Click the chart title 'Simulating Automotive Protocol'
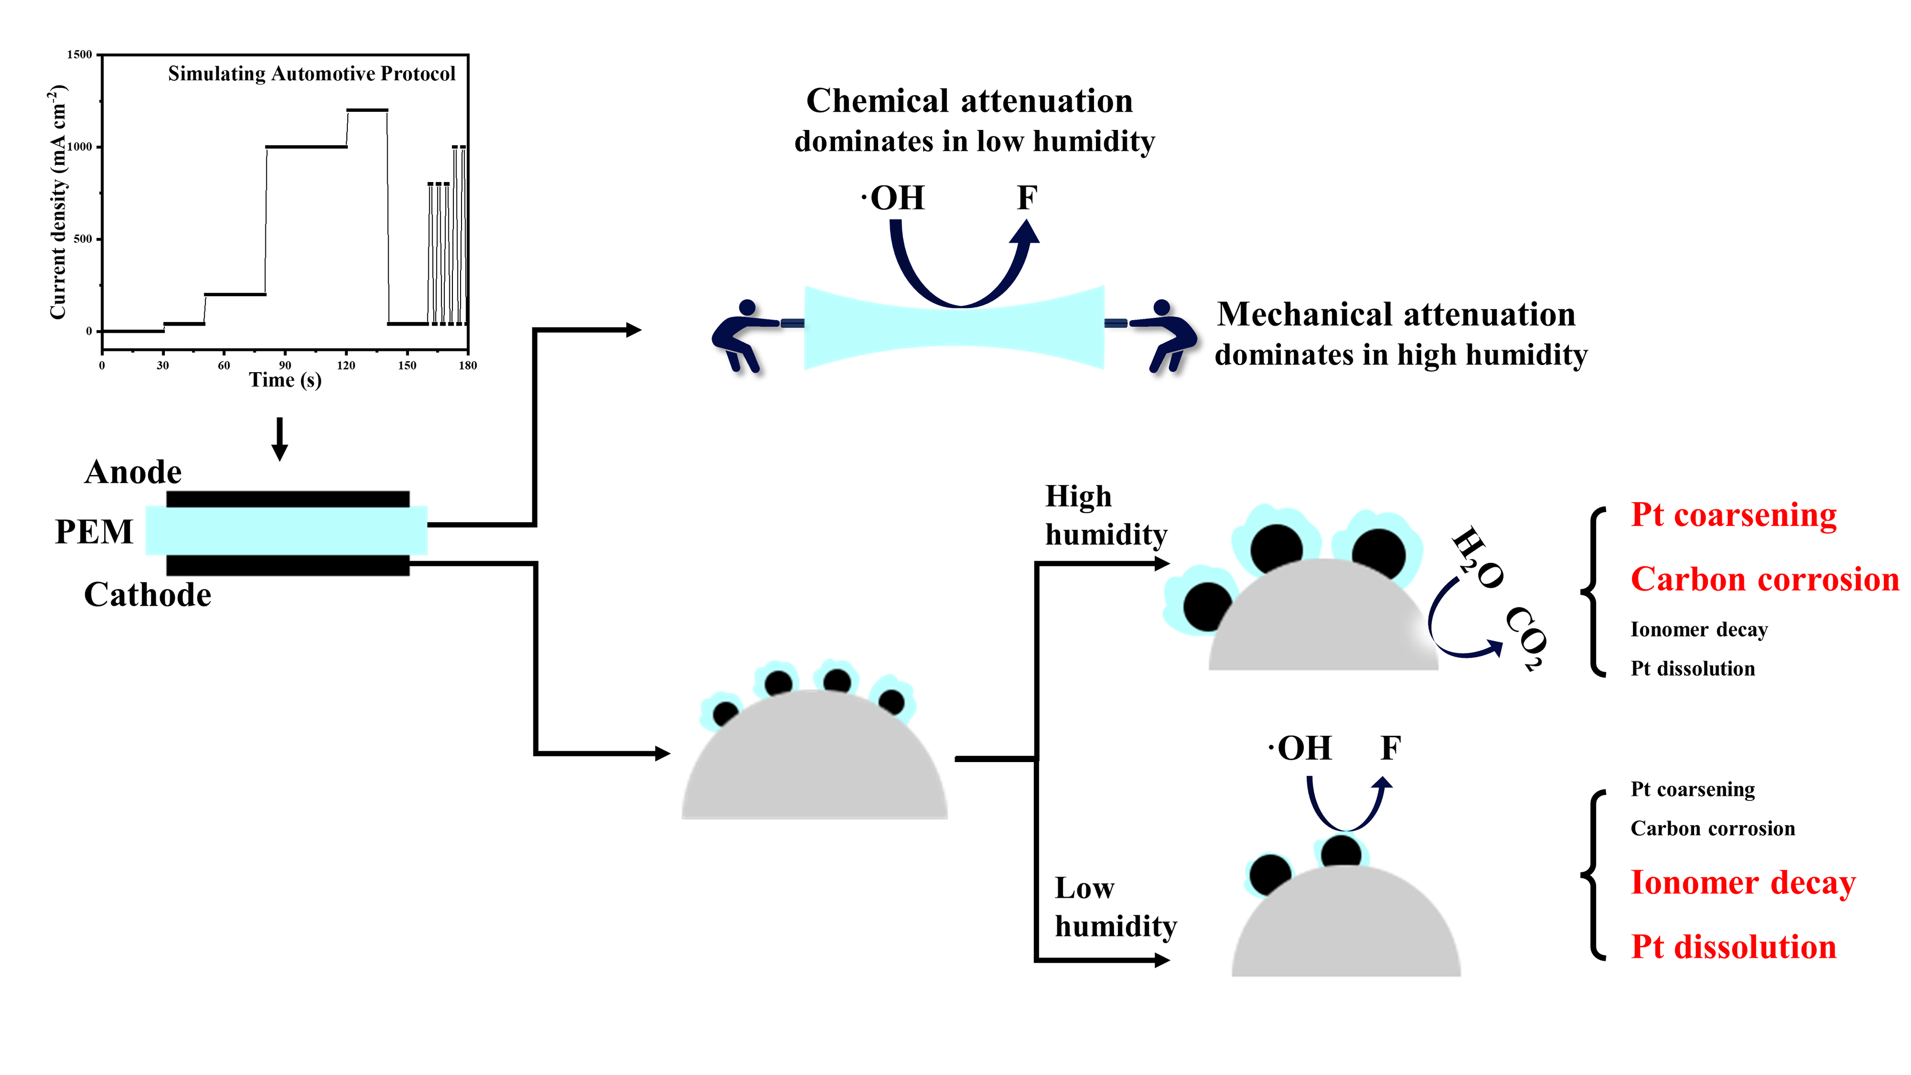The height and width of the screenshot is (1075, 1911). tap(311, 73)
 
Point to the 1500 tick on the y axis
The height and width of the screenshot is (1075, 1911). tap(79, 55)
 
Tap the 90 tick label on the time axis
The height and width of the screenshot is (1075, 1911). tap(285, 365)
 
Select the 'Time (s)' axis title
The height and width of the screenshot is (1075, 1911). tap(285, 381)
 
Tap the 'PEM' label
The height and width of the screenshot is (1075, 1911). tap(94, 532)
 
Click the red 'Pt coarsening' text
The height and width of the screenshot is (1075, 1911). tap(1733, 515)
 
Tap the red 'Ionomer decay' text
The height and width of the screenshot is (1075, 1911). tap(1743, 883)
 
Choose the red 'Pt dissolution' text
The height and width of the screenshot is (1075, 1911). tap(1733, 948)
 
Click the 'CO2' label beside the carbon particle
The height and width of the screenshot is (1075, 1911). tap(1527, 638)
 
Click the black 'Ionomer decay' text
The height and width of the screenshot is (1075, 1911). tap(1699, 630)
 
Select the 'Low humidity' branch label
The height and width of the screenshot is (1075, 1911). tap(1115, 907)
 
